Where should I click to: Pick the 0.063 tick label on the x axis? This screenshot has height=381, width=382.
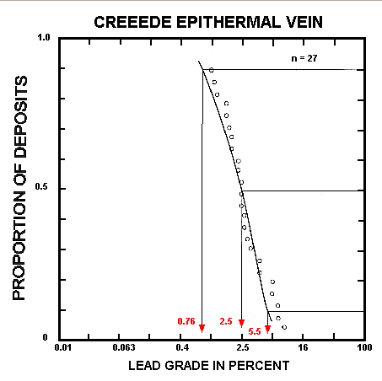tap(124, 348)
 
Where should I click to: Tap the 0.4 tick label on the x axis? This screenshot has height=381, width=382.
tap(183, 348)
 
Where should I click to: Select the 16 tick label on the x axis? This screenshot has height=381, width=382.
tap(304, 348)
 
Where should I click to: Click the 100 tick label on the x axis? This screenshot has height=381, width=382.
tap(363, 348)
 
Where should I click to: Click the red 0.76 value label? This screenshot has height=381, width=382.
tap(186, 322)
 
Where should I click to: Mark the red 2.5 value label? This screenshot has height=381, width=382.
tap(226, 322)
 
